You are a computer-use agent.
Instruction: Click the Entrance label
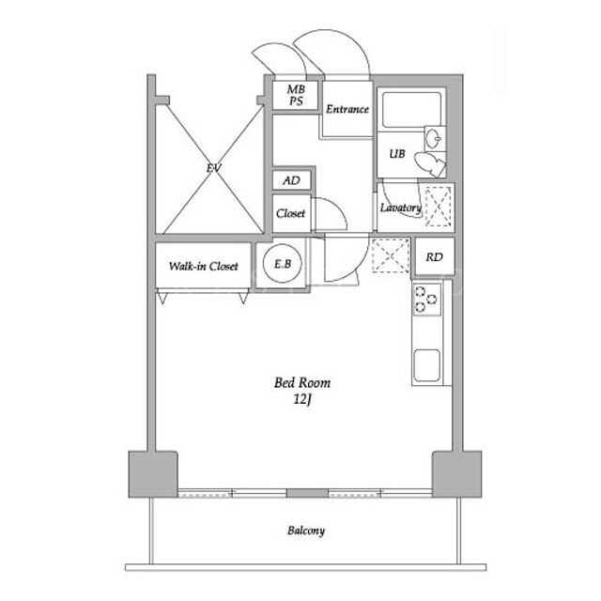(x=347, y=109)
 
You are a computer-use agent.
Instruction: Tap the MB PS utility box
(x=296, y=96)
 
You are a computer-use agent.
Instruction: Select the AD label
(x=291, y=180)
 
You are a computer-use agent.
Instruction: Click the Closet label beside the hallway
(x=290, y=213)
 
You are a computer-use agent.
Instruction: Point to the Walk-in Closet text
(x=203, y=266)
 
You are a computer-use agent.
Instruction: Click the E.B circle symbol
(x=283, y=264)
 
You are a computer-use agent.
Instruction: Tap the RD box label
(x=434, y=256)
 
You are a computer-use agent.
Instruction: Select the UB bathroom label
(x=397, y=154)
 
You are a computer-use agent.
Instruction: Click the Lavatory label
(x=401, y=208)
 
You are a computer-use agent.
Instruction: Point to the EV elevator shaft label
(x=214, y=168)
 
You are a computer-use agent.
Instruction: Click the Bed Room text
(x=302, y=382)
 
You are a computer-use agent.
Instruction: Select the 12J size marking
(x=302, y=399)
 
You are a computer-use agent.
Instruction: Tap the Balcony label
(x=306, y=531)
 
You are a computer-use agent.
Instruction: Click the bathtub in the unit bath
(x=411, y=110)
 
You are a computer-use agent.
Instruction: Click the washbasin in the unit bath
(x=435, y=138)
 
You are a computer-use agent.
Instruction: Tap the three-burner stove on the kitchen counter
(x=426, y=299)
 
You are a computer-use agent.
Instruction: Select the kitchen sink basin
(x=426, y=365)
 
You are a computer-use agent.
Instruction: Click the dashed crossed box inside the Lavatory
(x=439, y=207)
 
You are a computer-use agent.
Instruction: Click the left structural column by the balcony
(x=153, y=474)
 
